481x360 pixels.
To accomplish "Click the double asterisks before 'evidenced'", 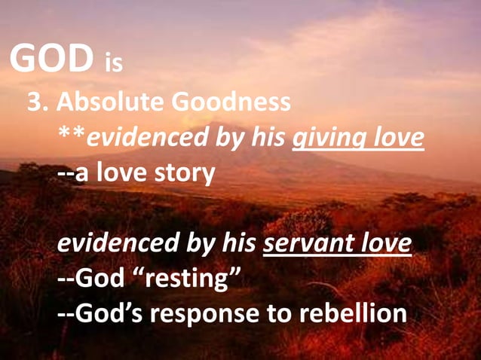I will click(x=72, y=136).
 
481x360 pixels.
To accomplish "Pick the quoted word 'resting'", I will click(x=186, y=279).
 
